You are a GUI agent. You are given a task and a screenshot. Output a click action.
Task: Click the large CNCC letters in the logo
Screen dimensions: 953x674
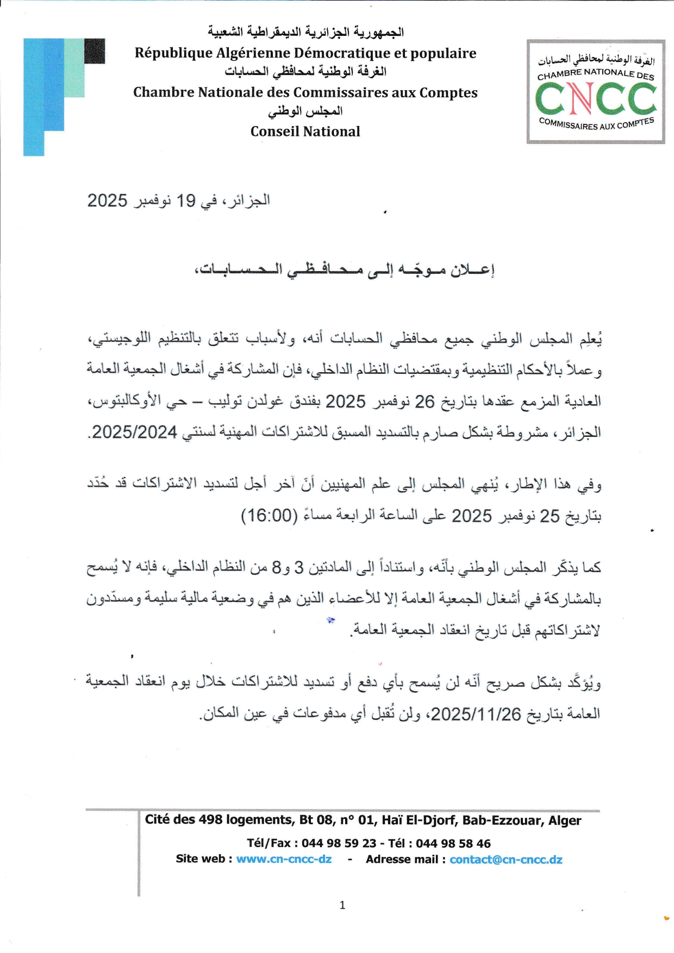[596, 99]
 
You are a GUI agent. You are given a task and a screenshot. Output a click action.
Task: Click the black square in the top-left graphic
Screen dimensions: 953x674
[95, 51]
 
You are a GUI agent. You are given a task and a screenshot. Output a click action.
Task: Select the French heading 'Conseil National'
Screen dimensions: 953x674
[305, 131]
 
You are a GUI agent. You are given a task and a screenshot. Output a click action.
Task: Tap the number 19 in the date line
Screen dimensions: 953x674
[185, 201]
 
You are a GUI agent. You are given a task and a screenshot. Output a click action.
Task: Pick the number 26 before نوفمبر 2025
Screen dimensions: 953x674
[425, 402]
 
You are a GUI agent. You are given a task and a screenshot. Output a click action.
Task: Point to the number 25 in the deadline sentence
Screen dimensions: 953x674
[549, 516]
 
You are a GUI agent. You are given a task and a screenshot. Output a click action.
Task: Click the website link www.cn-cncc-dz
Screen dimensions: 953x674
[284, 859]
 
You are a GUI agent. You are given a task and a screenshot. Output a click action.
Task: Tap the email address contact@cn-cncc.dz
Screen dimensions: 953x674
[505, 859]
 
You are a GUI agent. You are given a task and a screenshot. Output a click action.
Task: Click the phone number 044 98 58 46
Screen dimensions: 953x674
[453, 843]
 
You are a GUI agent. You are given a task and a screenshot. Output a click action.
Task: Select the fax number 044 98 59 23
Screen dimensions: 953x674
[339, 843]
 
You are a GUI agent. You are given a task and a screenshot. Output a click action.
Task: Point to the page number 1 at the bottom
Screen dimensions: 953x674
[342, 905]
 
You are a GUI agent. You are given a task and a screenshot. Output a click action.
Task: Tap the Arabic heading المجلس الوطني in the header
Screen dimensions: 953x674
[305, 111]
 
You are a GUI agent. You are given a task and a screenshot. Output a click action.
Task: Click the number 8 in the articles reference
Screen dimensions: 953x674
[276, 568]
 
